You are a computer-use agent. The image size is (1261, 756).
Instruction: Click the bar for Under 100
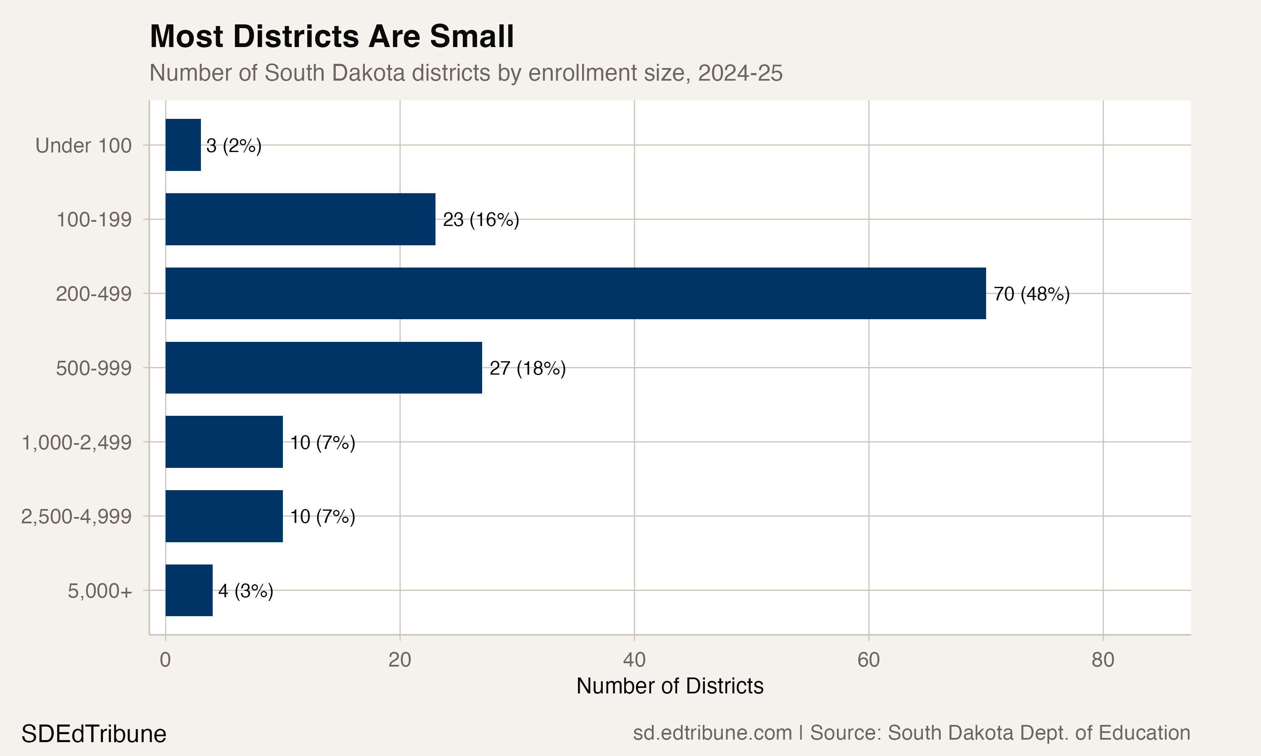(x=183, y=145)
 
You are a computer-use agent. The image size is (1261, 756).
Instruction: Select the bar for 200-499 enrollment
(x=575, y=294)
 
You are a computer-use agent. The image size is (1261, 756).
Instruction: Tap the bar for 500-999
(x=323, y=368)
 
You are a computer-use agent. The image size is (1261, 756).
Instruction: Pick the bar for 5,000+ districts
(x=189, y=591)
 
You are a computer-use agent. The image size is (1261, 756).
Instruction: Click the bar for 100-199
(x=300, y=220)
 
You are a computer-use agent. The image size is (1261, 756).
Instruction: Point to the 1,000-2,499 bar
(x=224, y=442)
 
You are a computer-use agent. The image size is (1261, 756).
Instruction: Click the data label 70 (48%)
(x=1031, y=294)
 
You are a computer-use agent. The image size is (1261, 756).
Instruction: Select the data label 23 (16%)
(x=480, y=220)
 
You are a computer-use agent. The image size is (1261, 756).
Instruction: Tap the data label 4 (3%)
(x=245, y=591)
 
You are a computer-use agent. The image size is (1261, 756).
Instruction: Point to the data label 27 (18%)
(x=527, y=368)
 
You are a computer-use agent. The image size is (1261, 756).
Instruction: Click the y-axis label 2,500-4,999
(x=77, y=517)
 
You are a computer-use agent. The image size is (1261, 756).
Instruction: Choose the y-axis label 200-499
(x=94, y=294)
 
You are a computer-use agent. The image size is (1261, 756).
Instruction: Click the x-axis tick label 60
(x=868, y=660)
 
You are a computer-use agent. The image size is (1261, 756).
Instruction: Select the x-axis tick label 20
(x=400, y=660)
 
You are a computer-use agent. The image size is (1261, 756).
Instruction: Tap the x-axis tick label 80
(x=1103, y=660)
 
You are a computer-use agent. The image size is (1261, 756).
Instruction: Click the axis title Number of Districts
(x=669, y=686)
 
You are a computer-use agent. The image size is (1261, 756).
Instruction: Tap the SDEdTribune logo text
(x=94, y=734)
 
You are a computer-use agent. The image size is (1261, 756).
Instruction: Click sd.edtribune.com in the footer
(x=712, y=733)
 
